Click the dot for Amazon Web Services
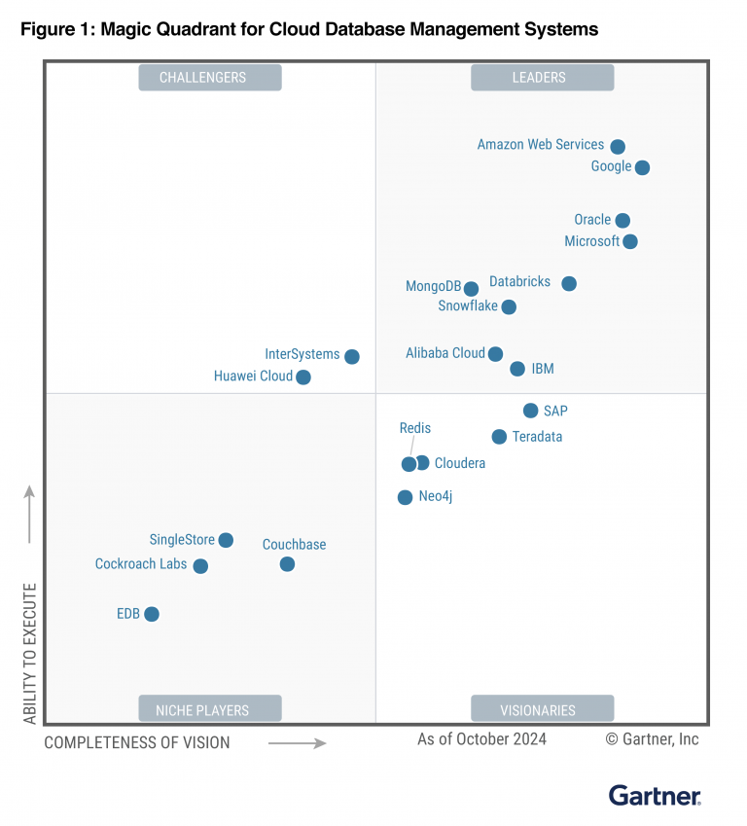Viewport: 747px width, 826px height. click(x=618, y=147)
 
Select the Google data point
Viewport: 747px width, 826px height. click(x=642, y=167)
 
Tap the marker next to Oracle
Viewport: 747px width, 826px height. click(x=622, y=221)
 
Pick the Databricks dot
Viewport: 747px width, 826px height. click(x=569, y=284)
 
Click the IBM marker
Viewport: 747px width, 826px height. click(x=517, y=369)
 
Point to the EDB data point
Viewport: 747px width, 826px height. click(x=151, y=614)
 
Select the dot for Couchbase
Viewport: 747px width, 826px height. click(x=287, y=564)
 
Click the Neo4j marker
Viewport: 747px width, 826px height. click(x=405, y=497)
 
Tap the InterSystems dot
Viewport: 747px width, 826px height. click(x=352, y=357)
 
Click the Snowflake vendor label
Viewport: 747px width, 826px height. click(x=468, y=306)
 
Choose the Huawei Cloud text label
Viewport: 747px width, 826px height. click(x=253, y=377)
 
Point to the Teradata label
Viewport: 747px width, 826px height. click(x=537, y=437)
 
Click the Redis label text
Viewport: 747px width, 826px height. click(x=415, y=428)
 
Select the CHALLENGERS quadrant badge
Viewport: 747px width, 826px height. click(x=209, y=78)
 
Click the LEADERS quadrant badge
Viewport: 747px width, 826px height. click(x=542, y=78)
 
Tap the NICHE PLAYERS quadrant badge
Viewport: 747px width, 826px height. click(x=209, y=710)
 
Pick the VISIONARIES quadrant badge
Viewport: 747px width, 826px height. click(x=542, y=710)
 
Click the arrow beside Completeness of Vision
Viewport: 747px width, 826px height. click(x=297, y=743)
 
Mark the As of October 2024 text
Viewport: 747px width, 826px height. click(x=481, y=739)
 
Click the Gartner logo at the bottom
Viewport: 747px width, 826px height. click(x=655, y=795)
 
